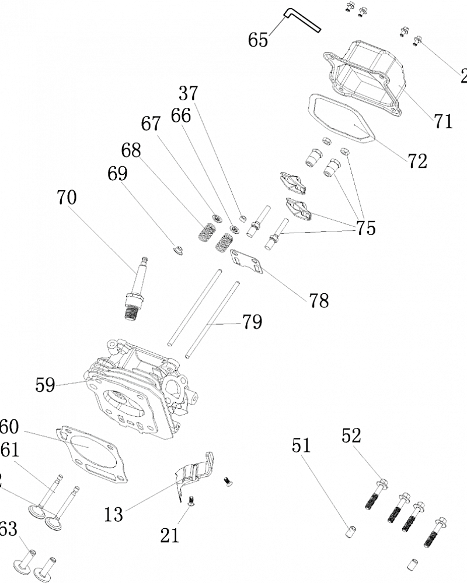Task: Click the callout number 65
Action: pos(258,40)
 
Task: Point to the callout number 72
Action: pos(417,160)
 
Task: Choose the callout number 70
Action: pos(67,198)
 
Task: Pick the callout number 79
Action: pos(252,322)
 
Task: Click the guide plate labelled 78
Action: pos(248,262)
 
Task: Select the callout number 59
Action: pos(45,385)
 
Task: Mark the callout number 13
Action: pos(114,514)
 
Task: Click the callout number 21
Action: pos(170,535)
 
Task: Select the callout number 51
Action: pos(302,446)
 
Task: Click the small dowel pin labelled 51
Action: pos(350,532)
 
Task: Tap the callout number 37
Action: pos(188,93)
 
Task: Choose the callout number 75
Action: pos(366,228)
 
